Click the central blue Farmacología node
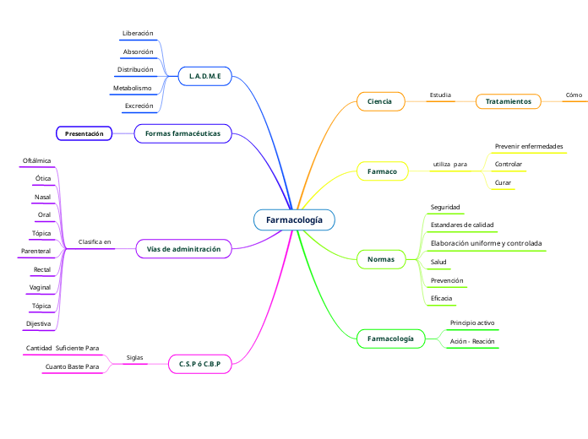(x=294, y=219)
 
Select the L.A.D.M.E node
(x=205, y=76)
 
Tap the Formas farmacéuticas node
(x=182, y=133)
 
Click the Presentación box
(x=84, y=133)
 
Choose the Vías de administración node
(x=183, y=249)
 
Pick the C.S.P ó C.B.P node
(x=199, y=363)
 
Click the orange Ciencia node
(x=380, y=101)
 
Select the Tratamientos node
(x=509, y=101)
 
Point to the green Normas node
(x=381, y=258)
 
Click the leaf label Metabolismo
(x=132, y=88)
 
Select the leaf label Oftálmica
(x=37, y=160)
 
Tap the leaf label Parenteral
(x=35, y=251)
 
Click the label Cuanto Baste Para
(x=72, y=367)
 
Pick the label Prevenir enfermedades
(x=529, y=146)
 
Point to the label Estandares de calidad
(x=462, y=225)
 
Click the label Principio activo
(x=472, y=322)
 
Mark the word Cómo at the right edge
(x=574, y=95)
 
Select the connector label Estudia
(x=440, y=95)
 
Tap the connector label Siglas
(x=134, y=358)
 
